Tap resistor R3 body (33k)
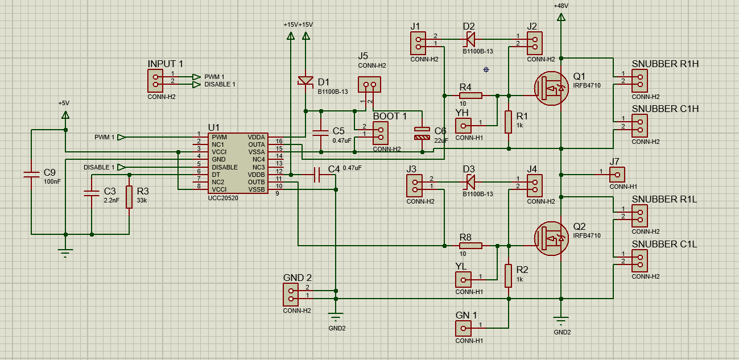coord(129,197)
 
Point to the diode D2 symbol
coord(470,40)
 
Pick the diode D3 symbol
coord(470,182)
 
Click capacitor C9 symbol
coord(32,175)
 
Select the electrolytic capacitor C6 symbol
coord(422,133)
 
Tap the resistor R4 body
coord(470,96)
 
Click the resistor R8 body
coord(470,246)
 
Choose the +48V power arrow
coord(561,16)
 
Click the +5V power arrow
coord(65,115)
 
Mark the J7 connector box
coord(617,175)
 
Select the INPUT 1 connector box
coord(155,81)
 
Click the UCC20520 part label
coord(223,198)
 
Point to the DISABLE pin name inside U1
coord(225,167)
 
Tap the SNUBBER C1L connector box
coord(639,261)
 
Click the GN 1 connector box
coord(463,328)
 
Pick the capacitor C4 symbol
coord(317,175)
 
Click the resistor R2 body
coord(509,276)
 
